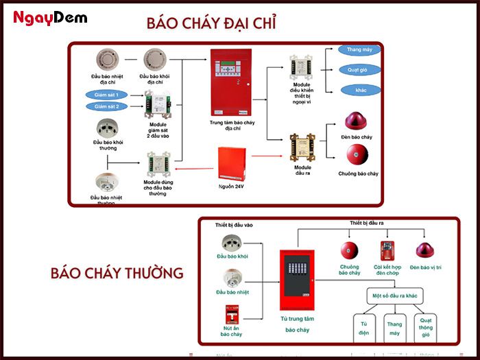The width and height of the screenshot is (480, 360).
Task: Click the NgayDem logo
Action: (x=51, y=18)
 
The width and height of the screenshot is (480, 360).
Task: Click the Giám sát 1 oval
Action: (x=106, y=95)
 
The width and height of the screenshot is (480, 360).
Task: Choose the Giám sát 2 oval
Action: (x=106, y=106)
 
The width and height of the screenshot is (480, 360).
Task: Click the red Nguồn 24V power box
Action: (x=231, y=163)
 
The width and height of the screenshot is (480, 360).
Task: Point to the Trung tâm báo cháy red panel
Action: (x=230, y=82)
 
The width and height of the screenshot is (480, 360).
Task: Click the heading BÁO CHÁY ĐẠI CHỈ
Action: (x=211, y=23)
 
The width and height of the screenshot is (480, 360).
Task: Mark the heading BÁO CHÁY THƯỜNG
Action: (x=117, y=273)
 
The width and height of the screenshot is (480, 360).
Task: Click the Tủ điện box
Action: (x=364, y=328)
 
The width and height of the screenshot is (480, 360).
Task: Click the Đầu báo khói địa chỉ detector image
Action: (x=156, y=59)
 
